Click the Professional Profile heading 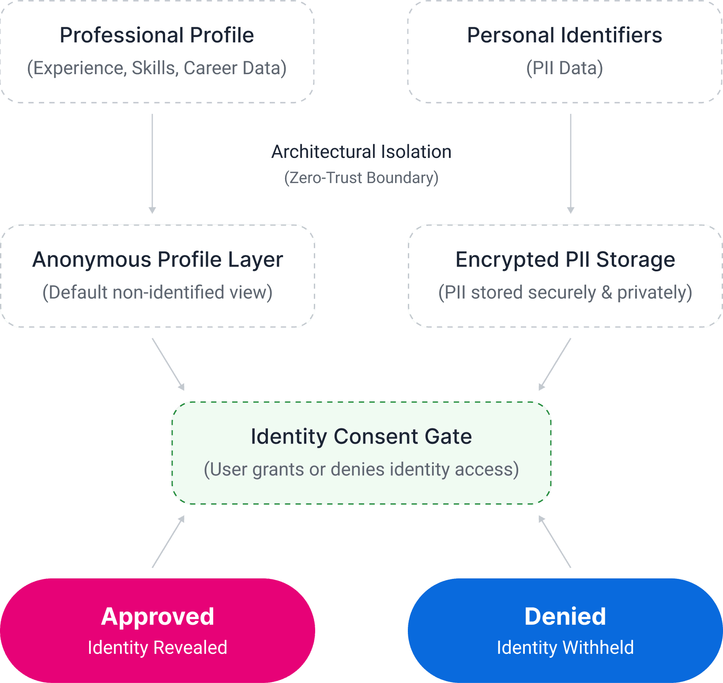pyautogui.click(x=157, y=35)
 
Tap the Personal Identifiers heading pyautogui.click(x=565, y=35)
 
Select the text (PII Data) pyautogui.click(x=565, y=68)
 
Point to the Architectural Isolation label pyautogui.click(x=361, y=152)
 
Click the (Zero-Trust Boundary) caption pyautogui.click(x=361, y=177)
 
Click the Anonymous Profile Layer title pyautogui.click(x=158, y=259)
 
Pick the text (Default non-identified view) pyautogui.click(x=158, y=292)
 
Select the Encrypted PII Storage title pyautogui.click(x=565, y=259)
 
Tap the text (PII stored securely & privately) pyautogui.click(x=565, y=293)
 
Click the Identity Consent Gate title pyautogui.click(x=361, y=436)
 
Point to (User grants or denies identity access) pyautogui.click(x=361, y=469)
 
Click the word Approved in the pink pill pyautogui.click(x=158, y=616)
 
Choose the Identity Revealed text pyautogui.click(x=158, y=648)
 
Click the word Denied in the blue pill pyautogui.click(x=565, y=616)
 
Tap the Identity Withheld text pyautogui.click(x=565, y=648)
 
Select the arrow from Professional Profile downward pyautogui.click(x=152, y=163)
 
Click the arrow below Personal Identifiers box pyautogui.click(x=571, y=163)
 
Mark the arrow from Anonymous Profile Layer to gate pyautogui.click(x=168, y=364)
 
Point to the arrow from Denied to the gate pyautogui.click(x=555, y=541)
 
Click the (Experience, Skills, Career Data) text pyautogui.click(x=157, y=68)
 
